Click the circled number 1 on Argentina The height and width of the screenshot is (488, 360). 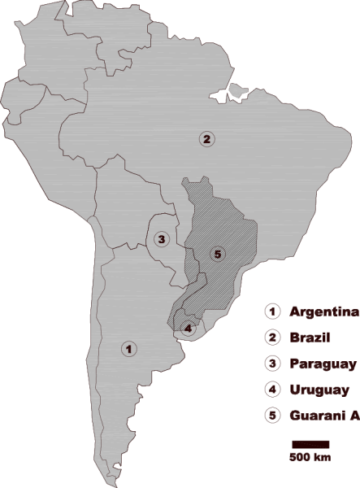point(128,348)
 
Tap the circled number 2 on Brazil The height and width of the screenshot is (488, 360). point(207,139)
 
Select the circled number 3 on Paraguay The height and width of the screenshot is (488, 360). point(163,239)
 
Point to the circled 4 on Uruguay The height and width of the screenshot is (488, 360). point(189,329)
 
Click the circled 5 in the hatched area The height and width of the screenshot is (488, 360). point(216,255)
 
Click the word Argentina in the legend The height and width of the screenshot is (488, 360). point(324,312)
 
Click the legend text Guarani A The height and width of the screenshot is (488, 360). point(324,416)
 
